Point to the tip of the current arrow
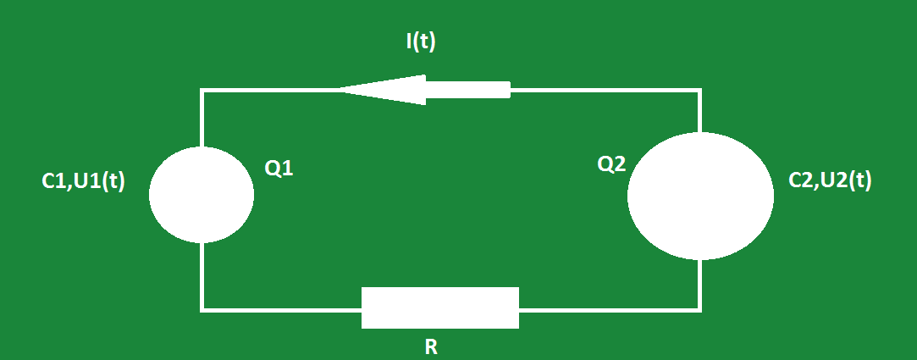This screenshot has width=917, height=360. coord(342,89)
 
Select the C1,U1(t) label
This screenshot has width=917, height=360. coord(83,181)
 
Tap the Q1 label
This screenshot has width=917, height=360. coord(279,169)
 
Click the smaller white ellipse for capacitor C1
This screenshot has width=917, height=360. coord(202,194)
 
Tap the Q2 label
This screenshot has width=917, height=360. coord(611,164)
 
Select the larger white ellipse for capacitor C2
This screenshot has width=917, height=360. coord(700,195)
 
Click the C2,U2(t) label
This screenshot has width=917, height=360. coord(830,180)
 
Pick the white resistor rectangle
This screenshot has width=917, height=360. coord(439,307)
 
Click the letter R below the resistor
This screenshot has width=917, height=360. coord(430,346)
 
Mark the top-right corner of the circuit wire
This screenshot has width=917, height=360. coord(700,89)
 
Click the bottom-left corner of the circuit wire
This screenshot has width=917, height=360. coord(202,309)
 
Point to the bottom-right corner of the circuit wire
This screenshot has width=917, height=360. coord(700,308)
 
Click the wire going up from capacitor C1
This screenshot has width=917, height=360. coord(202,119)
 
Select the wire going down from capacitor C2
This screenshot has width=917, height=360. coord(700,284)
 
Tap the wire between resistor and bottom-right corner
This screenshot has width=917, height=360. coord(610,308)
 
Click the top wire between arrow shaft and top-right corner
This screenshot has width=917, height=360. coord(605,89)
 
